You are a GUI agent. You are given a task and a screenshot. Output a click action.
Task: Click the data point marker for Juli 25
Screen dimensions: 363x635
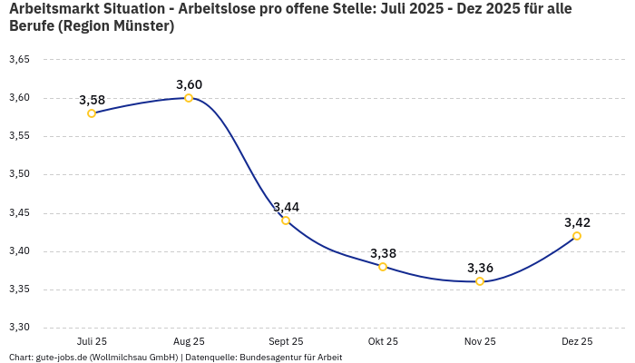pyautogui.click(x=92, y=113)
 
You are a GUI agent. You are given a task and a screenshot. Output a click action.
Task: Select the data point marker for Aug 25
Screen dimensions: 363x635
pyautogui.click(x=189, y=98)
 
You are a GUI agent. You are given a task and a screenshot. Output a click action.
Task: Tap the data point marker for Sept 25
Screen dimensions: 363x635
pyautogui.click(x=286, y=221)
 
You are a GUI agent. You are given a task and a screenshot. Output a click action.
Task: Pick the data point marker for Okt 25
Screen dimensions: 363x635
pyautogui.click(x=383, y=267)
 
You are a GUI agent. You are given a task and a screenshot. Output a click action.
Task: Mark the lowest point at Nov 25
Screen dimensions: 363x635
pyautogui.click(x=480, y=281)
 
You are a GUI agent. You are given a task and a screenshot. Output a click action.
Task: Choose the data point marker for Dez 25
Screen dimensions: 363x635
pyautogui.click(x=577, y=236)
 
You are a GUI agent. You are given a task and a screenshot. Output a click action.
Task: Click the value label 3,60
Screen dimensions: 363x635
pyautogui.click(x=189, y=84)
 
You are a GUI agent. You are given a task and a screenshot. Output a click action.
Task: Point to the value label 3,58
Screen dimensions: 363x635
pyautogui.click(x=92, y=100)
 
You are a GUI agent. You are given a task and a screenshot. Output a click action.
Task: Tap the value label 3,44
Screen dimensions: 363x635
pyautogui.click(x=286, y=207)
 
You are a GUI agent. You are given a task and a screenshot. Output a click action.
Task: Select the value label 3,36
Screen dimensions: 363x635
pyautogui.click(x=480, y=268)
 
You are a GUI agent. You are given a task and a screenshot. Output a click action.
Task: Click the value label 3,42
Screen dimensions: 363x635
pyautogui.click(x=577, y=222)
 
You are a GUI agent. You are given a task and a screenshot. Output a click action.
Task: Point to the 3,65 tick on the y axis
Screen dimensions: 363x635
pyautogui.click(x=19, y=60)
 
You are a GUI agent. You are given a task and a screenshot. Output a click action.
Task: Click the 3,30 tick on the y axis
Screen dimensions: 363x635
pyautogui.click(x=19, y=328)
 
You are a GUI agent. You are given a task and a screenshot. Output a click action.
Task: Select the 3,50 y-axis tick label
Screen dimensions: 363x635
pyautogui.click(x=19, y=174)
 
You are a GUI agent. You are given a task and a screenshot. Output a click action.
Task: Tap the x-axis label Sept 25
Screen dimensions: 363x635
pyautogui.click(x=286, y=341)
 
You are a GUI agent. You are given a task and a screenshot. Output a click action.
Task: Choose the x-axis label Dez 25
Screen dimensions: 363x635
pyautogui.click(x=577, y=341)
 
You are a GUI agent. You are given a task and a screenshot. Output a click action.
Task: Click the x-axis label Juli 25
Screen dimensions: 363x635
pyautogui.click(x=92, y=341)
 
